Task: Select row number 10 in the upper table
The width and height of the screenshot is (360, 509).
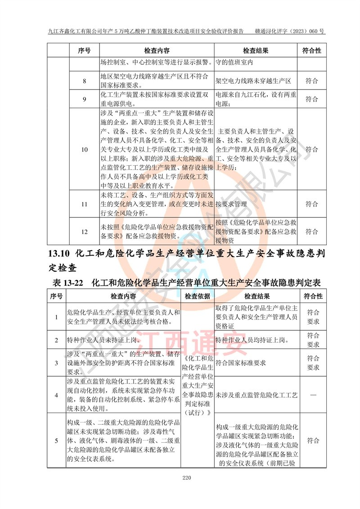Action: pyautogui.click(x=84, y=149)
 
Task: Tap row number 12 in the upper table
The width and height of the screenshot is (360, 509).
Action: pyautogui.click(x=84, y=232)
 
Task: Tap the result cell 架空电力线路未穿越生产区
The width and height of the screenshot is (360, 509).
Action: pyautogui.click(x=253, y=81)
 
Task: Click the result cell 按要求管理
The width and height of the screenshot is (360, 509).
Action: pyautogui.click(x=232, y=204)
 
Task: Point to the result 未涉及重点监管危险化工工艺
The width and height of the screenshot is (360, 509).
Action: pyautogui.click(x=256, y=395)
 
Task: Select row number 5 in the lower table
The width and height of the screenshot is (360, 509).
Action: pyautogui.click(x=56, y=441)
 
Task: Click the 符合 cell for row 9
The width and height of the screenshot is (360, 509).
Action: pyautogui.click(x=312, y=99)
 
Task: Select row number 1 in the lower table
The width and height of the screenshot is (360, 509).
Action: pyautogui.click(x=56, y=317)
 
